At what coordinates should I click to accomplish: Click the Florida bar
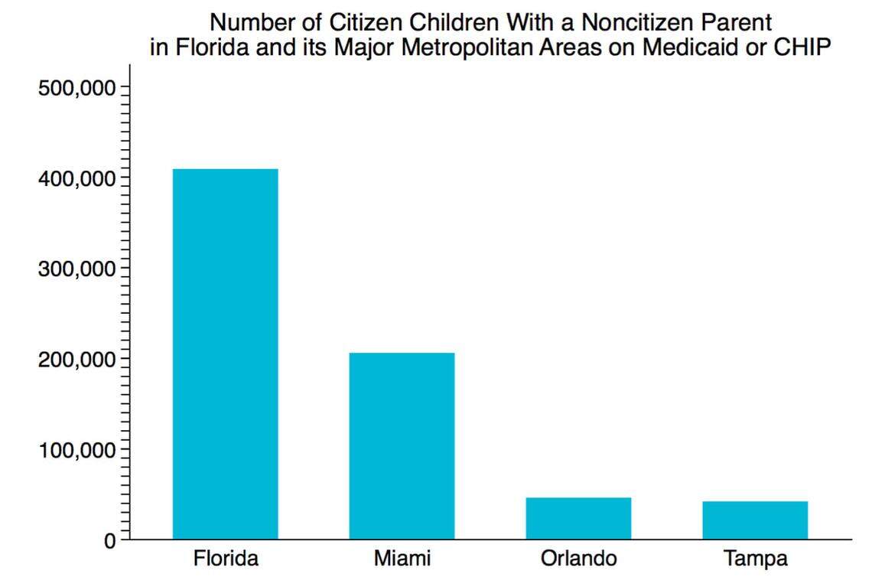coord(225,354)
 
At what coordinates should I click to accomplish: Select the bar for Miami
coord(402,445)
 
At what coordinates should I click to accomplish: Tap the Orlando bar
coord(578,518)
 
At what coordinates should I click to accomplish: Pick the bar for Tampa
coord(755,520)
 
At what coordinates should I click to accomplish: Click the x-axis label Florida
coord(225,559)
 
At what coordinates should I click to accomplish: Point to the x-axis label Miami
coord(402,559)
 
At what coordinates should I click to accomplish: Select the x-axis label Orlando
coord(578,559)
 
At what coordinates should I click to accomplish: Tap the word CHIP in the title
coord(800,47)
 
